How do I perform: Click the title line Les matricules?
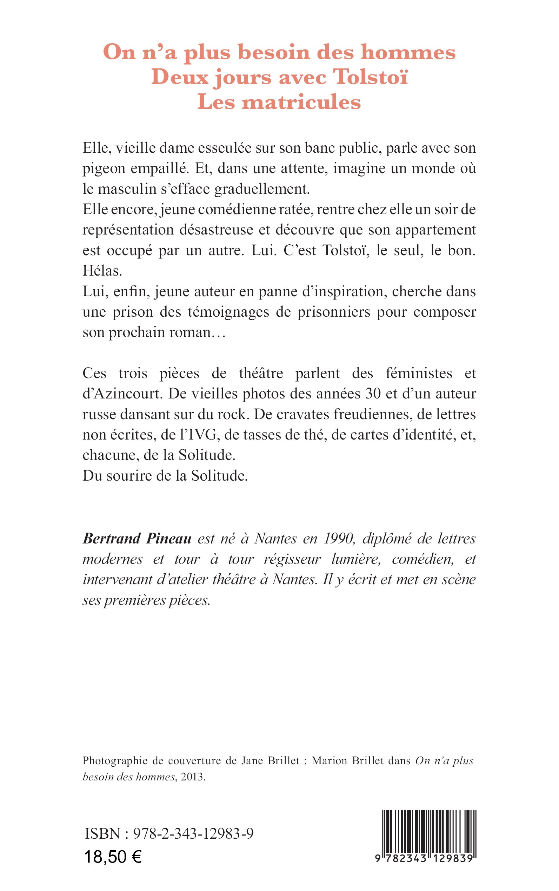point(279,103)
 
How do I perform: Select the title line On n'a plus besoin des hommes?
point(279,52)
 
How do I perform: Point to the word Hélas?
point(102,271)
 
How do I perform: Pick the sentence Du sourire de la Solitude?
point(165,476)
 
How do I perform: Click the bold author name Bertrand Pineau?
point(137,539)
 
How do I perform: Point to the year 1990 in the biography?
point(339,539)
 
